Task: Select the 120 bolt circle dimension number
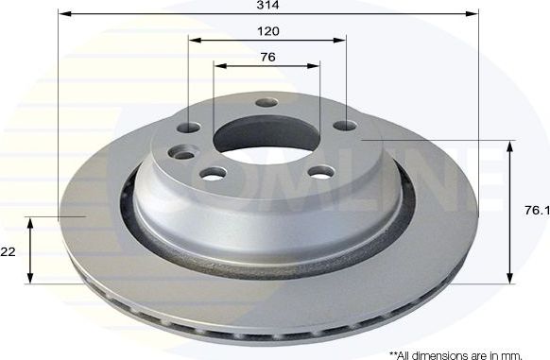pos(268,30)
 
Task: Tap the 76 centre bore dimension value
pos(267,57)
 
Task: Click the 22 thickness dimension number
pos(8,251)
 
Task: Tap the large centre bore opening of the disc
pos(266,135)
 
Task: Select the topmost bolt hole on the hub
pos(266,103)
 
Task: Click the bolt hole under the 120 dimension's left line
pos(189,127)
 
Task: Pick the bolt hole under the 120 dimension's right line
pos(345,125)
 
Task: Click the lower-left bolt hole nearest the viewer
pos(215,172)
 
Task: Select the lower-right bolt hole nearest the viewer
pos(321,171)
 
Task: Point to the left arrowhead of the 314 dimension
pos(63,14)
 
